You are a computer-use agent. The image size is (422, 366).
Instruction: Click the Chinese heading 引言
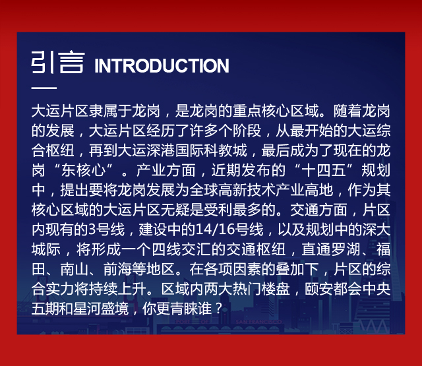[x=58, y=62]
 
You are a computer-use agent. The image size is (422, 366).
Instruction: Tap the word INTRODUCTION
[x=162, y=66]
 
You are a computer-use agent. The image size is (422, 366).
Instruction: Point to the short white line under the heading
[x=44, y=88]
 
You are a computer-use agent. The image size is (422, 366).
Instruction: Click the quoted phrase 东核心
[x=83, y=170]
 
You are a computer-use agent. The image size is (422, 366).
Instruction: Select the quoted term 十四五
[x=324, y=170]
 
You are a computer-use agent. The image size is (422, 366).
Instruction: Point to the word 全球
[x=204, y=190]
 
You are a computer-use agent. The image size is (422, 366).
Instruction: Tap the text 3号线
[x=107, y=229]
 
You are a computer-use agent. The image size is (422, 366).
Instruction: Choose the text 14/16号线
[x=229, y=229]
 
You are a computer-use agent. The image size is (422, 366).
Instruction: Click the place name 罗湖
[x=346, y=249]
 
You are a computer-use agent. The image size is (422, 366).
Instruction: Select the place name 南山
[x=75, y=269]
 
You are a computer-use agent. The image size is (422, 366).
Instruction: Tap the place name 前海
[x=117, y=269]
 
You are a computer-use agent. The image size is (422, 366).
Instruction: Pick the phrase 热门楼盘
[x=261, y=289]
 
